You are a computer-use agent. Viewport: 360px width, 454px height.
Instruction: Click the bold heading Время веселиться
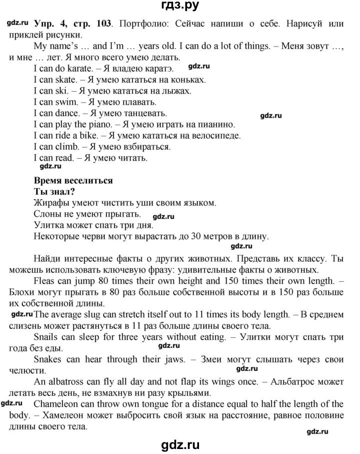point(73,180)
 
